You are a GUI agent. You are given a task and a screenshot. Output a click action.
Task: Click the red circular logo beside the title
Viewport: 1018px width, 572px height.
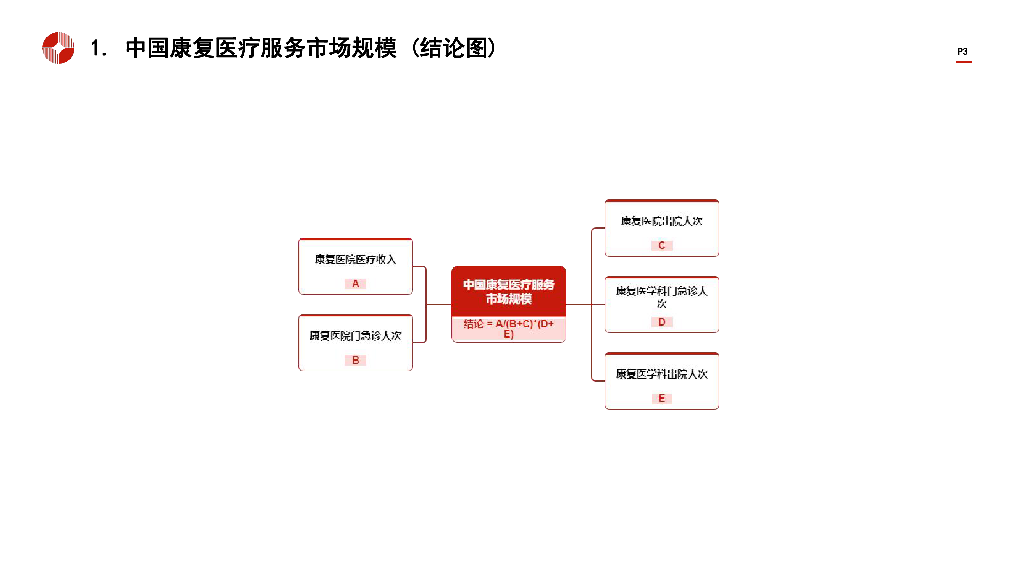(58, 48)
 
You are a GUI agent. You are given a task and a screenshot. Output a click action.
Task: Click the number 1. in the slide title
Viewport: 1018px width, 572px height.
(98, 48)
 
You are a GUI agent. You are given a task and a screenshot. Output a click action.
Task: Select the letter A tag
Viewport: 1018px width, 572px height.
(355, 283)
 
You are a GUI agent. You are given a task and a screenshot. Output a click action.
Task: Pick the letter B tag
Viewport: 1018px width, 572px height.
(355, 360)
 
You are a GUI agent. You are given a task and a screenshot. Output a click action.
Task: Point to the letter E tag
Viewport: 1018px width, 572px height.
(662, 398)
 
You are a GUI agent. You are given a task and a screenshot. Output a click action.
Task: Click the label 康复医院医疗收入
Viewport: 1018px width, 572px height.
(355, 259)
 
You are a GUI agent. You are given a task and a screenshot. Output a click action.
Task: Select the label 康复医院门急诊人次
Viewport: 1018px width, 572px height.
(355, 336)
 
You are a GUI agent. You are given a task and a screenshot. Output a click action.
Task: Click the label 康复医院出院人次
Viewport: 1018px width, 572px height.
(662, 221)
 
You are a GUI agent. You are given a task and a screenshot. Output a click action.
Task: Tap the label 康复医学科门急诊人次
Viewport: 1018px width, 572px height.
(662, 297)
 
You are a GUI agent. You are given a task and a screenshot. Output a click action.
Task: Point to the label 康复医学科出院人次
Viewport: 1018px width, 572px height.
(662, 374)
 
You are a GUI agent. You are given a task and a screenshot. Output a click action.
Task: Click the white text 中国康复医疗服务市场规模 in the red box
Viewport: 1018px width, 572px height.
(509, 292)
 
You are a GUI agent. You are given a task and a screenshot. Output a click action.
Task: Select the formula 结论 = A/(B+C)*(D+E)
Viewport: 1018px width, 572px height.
(509, 329)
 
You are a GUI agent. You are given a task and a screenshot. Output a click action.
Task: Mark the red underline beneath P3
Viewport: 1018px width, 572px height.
(963, 62)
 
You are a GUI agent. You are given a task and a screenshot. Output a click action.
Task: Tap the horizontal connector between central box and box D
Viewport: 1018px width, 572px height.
(585, 304)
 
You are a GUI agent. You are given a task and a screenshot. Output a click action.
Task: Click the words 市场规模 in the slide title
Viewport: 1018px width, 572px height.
(351, 48)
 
